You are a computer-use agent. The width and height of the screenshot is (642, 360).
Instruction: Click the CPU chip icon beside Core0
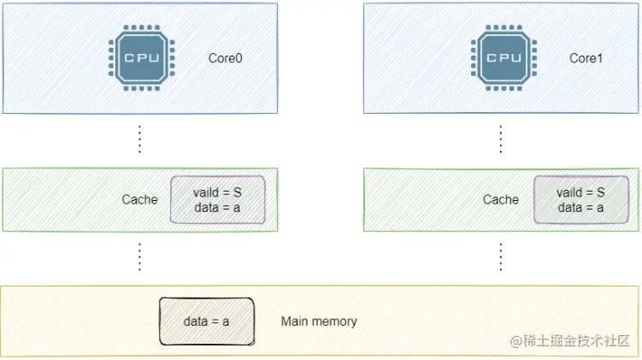(142, 58)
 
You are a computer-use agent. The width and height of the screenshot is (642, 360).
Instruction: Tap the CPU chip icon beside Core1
(504, 58)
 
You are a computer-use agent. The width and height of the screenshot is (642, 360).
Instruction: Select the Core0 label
(225, 58)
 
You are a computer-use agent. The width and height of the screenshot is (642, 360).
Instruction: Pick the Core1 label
(586, 58)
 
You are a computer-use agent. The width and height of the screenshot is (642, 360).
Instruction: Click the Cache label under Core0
(139, 199)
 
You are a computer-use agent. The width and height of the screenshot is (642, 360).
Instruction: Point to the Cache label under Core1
(500, 199)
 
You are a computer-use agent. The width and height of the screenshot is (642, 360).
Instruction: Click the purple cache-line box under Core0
(217, 199)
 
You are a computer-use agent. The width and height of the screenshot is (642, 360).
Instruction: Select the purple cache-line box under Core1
(581, 199)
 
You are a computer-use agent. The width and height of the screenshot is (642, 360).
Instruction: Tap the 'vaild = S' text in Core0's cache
(217, 192)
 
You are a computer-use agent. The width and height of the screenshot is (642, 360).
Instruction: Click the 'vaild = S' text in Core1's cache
(580, 192)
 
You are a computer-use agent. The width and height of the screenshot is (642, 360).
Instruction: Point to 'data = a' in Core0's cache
(217, 208)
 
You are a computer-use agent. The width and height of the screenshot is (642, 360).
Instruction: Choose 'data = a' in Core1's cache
(580, 208)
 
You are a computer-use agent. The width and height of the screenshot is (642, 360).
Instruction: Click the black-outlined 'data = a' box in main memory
(207, 321)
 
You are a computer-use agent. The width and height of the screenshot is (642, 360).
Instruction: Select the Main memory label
(319, 321)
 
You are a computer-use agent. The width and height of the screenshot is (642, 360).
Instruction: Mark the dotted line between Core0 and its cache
(139, 139)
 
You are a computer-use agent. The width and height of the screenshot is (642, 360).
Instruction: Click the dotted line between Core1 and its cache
(500, 139)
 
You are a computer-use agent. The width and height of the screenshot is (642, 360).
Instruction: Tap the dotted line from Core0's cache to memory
(139, 257)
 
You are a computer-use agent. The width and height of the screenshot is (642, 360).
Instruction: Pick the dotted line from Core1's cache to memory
(500, 257)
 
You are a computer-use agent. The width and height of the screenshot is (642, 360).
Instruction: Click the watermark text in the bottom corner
(569, 340)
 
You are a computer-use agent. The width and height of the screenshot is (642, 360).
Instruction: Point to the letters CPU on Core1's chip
(504, 58)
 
